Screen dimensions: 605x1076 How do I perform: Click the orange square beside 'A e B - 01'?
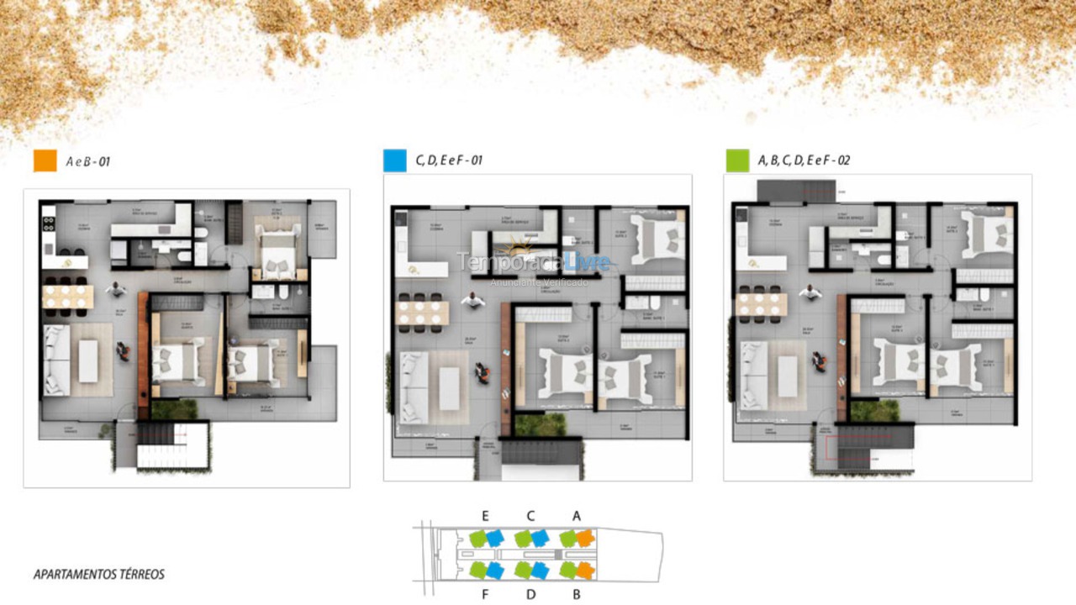pos(45,160)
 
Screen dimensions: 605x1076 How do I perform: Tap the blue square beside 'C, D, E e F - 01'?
pos(394,160)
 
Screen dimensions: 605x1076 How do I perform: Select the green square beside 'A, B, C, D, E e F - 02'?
pos(737,160)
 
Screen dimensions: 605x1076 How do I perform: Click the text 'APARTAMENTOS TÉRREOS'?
pos(99,575)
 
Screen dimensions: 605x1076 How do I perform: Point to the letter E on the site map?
pos(485,516)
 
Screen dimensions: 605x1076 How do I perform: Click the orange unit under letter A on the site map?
pos(585,538)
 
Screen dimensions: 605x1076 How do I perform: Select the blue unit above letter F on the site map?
pos(495,571)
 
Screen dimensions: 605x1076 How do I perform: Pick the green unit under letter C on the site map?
pos(523,538)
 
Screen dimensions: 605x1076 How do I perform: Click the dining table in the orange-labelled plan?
pos(67,296)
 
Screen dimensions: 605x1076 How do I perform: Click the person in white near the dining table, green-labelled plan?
pos(811,292)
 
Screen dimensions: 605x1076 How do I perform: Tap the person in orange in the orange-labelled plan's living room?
pos(124,352)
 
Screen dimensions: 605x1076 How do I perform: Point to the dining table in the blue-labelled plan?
pos(424,312)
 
